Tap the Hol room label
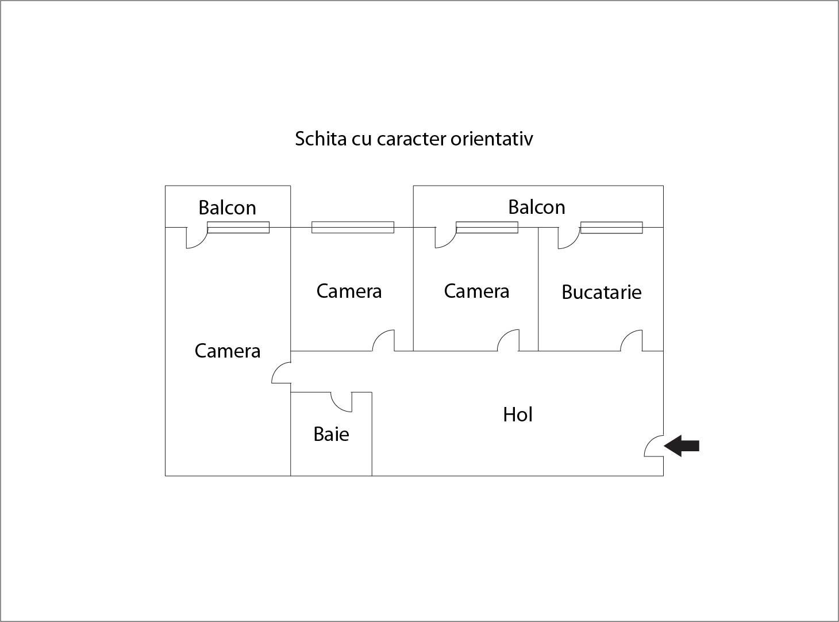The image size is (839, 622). click(x=517, y=414)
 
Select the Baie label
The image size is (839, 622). click(x=331, y=434)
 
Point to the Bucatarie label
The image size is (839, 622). click(x=601, y=292)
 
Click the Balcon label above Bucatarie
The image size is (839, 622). click(x=536, y=207)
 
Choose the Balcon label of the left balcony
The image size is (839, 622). click(x=227, y=208)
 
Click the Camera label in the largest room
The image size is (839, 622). click(x=227, y=351)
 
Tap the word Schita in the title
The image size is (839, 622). click(x=317, y=139)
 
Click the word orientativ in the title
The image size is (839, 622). click(x=491, y=139)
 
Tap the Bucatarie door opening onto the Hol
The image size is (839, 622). click(x=632, y=340)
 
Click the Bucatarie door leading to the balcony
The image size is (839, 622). click(x=567, y=238)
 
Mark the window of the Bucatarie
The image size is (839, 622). click(x=611, y=228)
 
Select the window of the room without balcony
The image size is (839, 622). click(x=352, y=228)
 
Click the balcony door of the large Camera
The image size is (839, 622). click(x=195, y=238)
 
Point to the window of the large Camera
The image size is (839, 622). click(x=238, y=228)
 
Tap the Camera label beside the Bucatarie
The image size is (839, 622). click(x=476, y=291)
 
